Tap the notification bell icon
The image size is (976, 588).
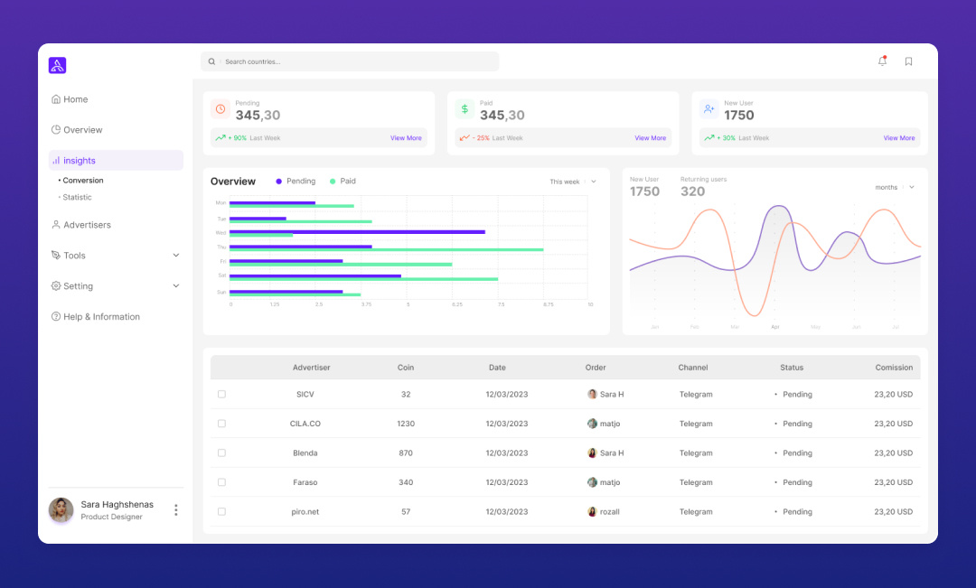coord(882,61)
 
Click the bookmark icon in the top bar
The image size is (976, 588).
coord(908,61)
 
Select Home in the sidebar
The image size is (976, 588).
coord(75,99)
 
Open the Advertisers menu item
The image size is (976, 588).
coord(86,225)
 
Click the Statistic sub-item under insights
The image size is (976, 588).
coord(77,197)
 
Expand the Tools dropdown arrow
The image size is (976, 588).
coord(175,256)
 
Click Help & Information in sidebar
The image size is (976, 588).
coord(100,317)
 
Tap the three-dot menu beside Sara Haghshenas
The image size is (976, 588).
coord(175,510)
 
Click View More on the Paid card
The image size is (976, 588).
coord(650,138)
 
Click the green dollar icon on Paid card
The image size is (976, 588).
coord(465,109)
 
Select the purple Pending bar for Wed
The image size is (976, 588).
coord(357,231)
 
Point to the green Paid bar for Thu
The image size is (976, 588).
coord(386,249)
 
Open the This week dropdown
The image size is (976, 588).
coord(573,182)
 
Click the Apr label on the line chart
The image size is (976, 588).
coord(774,326)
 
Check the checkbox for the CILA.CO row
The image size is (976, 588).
coord(221,424)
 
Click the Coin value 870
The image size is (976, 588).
coord(406,453)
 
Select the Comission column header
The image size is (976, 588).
coord(893,368)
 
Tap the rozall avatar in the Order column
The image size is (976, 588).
coord(592,512)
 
